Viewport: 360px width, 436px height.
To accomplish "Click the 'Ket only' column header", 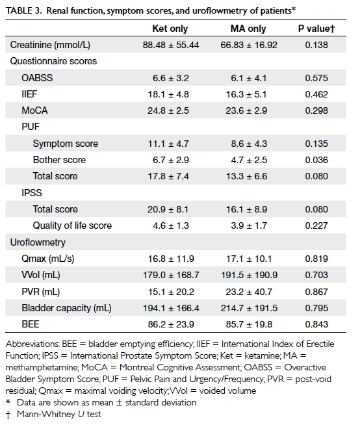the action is pyautogui.click(x=170, y=29).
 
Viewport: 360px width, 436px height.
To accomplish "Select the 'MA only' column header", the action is pyautogui.click(x=248, y=29).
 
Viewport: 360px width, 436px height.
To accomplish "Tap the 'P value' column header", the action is pyautogui.click(x=316, y=29).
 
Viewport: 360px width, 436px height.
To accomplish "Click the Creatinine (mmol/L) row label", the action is pyautogui.click(x=50, y=45).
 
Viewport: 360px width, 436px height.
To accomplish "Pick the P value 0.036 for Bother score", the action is pyautogui.click(x=316, y=160).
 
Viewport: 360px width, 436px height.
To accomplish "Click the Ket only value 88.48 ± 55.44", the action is pyautogui.click(x=171, y=45).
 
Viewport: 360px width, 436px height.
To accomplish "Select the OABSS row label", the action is pyautogui.click(x=37, y=77).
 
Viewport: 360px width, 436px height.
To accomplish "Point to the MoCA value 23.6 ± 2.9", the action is pyautogui.click(x=246, y=110).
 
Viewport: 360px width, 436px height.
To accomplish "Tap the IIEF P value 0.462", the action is pyautogui.click(x=316, y=94).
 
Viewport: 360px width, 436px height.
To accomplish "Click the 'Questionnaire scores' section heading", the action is pyautogui.click(x=53, y=61).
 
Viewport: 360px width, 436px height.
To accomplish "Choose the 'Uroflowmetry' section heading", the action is pyautogui.click(x=38, y=242).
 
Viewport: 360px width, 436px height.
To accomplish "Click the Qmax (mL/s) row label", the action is pyautogui.click(x=48, y=259).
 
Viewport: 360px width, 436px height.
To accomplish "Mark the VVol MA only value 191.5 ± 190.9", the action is pyautogui.click(x=249, y=275).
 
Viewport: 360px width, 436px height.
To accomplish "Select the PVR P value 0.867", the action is pyautogui.click(x=316, y=292).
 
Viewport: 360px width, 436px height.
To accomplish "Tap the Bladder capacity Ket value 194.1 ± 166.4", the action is pyautogui.click(x=171, y=308).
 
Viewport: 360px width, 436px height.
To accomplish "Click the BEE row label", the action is pyautogui.click(x=31, y=324).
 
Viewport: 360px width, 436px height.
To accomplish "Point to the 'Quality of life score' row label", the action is pyautogui.click(x=72, y=225).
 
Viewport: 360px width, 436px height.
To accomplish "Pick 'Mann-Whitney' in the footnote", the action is pyautogui.click(x=46, y=415).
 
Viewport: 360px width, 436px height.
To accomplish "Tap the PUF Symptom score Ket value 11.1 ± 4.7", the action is pyautogui.click(x=168, y=144).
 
